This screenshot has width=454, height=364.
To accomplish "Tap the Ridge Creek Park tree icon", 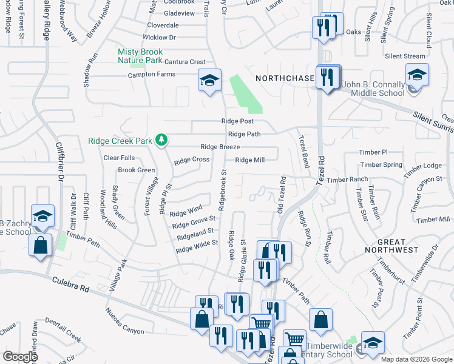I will (x=161, y=140).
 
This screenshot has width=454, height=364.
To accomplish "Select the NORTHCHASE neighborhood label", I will (x=285, y=78).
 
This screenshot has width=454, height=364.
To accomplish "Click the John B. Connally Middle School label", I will (x=373, y=89).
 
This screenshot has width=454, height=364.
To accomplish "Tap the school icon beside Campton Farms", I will (x=209, y=80).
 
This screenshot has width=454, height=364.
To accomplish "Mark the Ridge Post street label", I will (x=237, y=122).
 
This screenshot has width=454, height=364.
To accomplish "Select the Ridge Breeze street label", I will (x=220, y=147).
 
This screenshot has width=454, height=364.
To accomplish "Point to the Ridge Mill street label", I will (x=249, y=160).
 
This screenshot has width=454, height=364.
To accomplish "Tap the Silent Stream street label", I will (x=405, y=56).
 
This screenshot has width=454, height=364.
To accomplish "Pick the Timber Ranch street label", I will (x=347, y=180).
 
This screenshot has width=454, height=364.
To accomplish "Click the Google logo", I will (x=20, y=357).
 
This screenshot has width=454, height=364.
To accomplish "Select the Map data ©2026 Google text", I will (x=416, y=359).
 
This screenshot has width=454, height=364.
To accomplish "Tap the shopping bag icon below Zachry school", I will (x=40, y=246).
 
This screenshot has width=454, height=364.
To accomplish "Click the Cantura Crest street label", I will (x=180, y=62).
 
